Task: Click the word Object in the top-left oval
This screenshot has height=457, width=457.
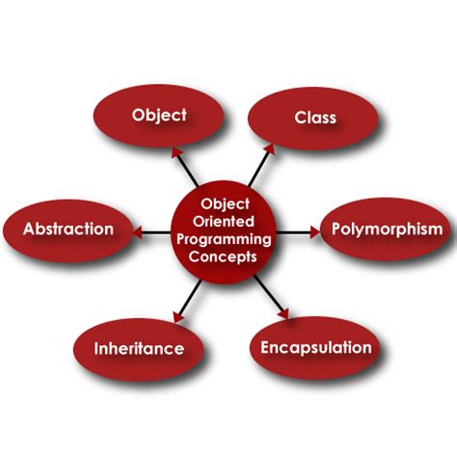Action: point(159,116)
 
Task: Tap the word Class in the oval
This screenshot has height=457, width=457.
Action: point(315,118)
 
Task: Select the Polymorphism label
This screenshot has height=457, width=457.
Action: point(387,229)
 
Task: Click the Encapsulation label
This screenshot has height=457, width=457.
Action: point(316,347)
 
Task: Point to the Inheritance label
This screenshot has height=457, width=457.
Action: point(139,348)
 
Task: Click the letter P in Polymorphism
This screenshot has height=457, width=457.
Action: point(336,229)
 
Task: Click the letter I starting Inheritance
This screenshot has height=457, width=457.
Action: point(97,348)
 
